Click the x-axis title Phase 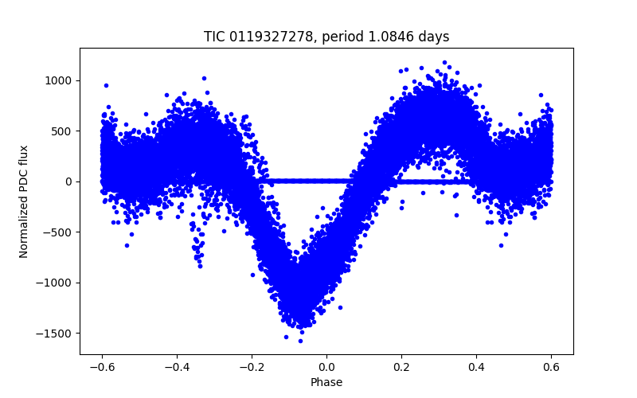coord(326,382)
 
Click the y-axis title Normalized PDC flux coord(24,201)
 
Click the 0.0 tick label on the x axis coord(326,367)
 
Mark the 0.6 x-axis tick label coord(551,367)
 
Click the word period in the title coord(342,37)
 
